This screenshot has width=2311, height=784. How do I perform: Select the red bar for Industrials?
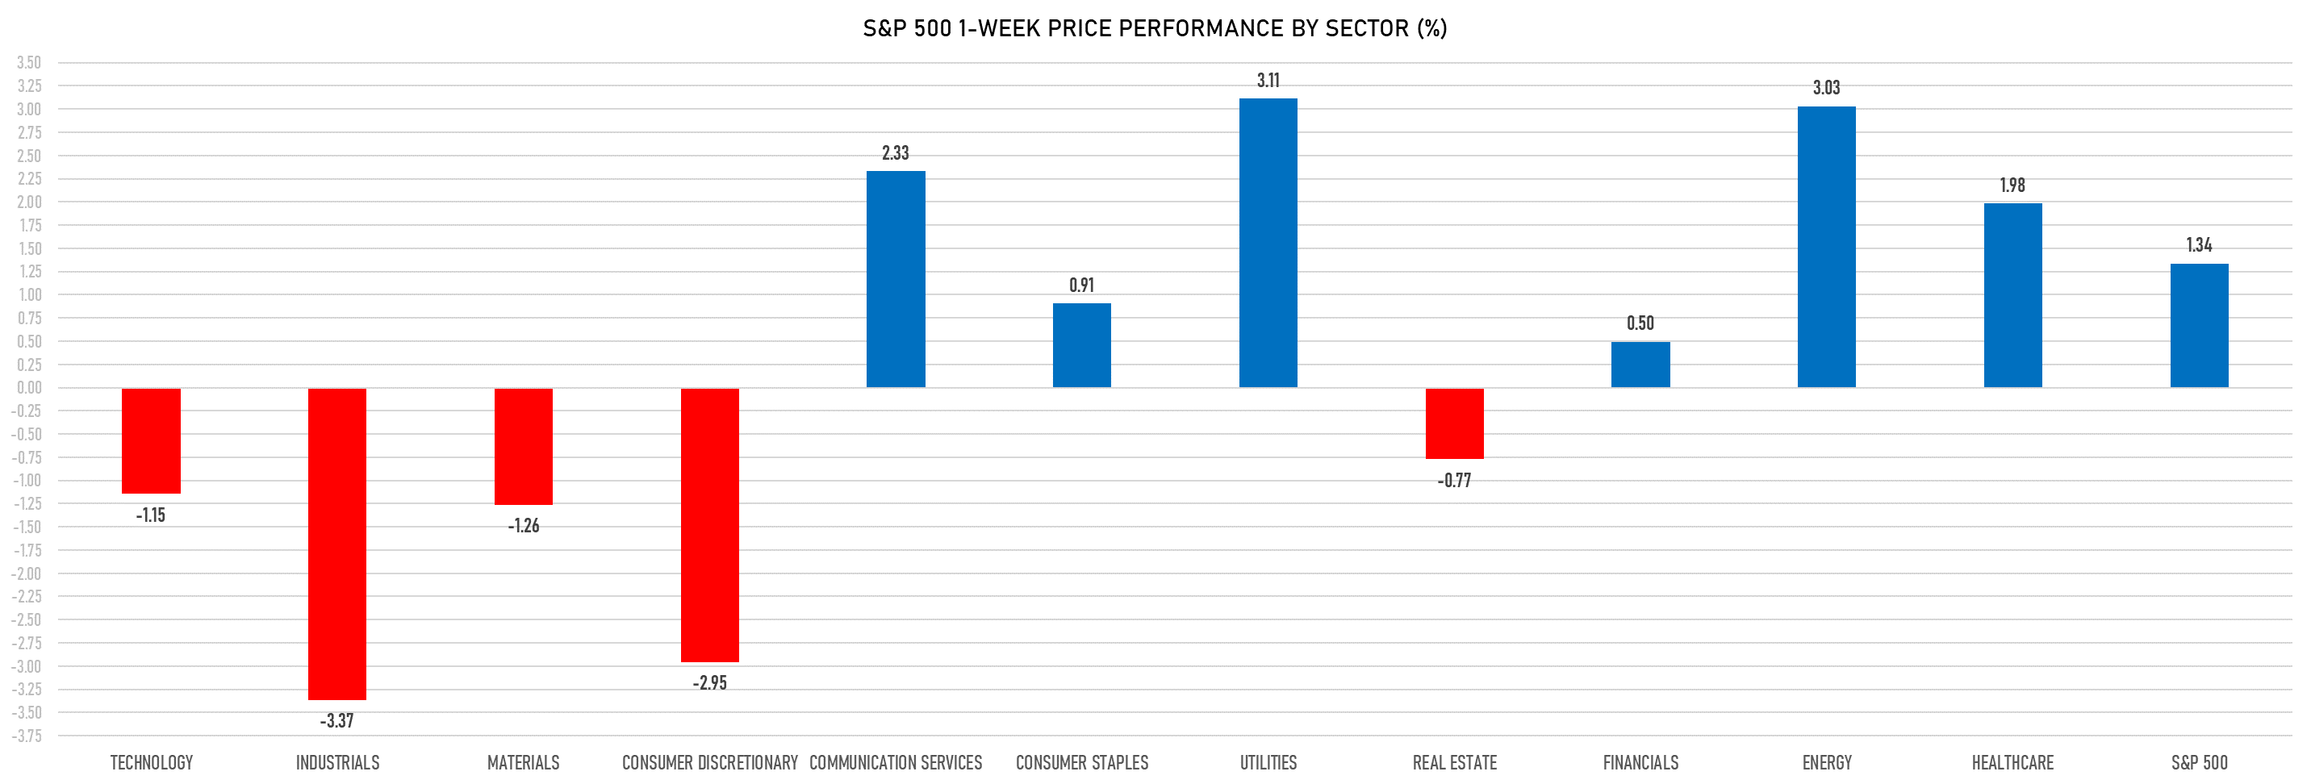coord(336,544)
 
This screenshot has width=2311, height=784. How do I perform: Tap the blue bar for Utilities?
coord(1268,243)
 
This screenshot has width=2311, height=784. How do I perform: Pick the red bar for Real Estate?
coord(1454,423)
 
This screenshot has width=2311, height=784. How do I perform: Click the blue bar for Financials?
coord(1640,365)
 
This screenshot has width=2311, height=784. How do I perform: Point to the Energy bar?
coord(1827,247)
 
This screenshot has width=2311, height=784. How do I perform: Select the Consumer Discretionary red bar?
coord(709,525)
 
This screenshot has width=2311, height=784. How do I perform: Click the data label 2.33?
coord(896,153)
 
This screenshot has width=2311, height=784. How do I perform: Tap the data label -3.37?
coord(336,720)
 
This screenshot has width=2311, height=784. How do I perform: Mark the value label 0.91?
coord(1081,286)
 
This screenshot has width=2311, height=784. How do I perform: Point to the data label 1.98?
coord(2012,186)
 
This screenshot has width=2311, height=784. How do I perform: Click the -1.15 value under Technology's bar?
coord(151,515)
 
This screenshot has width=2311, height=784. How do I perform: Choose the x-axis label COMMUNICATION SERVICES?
coord(896,762)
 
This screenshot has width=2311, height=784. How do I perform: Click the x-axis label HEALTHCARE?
coord(2012,762)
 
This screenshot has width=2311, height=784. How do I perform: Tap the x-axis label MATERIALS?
coord(523,762)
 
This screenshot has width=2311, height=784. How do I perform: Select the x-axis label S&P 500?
coord(2199,762)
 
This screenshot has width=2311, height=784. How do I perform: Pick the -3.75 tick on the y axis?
coord(27,736)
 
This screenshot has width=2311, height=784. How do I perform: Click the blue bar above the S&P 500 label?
coord(2199,326)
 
